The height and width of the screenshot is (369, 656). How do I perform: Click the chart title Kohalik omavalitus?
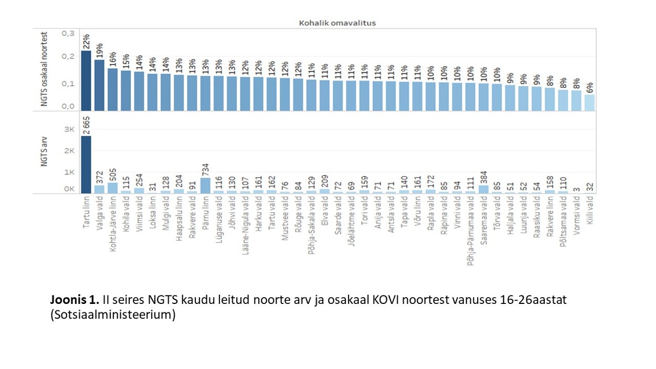click(337, 23)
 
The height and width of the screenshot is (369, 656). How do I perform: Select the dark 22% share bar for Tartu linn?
click(86, 81)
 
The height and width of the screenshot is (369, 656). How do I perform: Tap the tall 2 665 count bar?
click(86, 164)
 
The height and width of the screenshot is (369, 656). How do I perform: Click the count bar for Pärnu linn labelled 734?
click(206, 185)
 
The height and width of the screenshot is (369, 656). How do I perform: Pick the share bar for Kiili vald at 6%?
click(589, 103)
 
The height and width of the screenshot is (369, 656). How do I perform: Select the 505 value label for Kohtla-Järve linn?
click(113, 175)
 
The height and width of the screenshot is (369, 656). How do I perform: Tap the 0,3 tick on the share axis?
click(68, 33)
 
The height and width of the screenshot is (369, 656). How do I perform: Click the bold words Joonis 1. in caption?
click(75, 300)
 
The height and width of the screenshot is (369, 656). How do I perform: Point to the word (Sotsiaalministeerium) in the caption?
click(112, 315)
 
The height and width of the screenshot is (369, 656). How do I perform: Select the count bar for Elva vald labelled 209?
click(325, 191)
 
